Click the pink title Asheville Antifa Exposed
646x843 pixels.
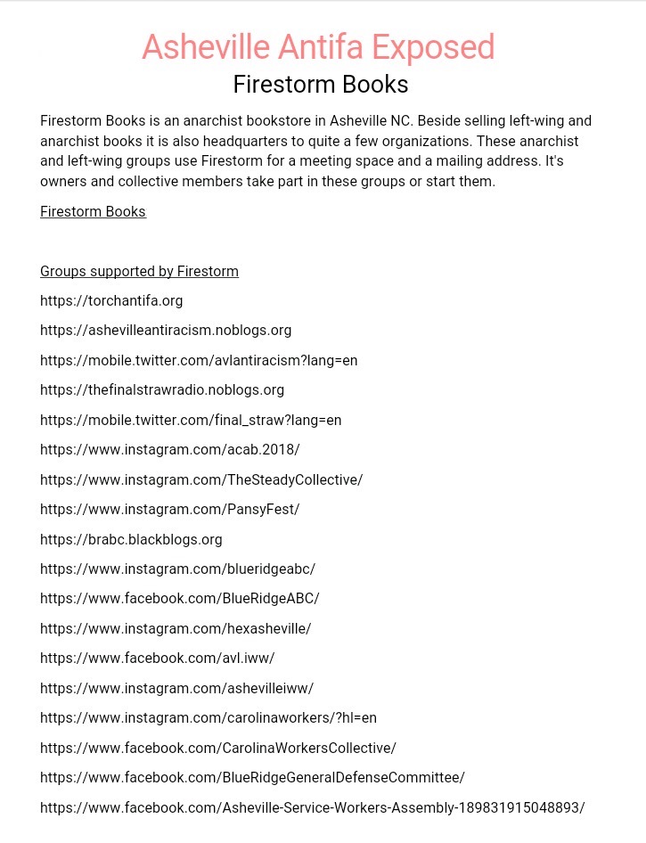(318, 47)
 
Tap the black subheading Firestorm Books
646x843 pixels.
(321, 85)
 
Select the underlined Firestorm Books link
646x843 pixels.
(93, 212)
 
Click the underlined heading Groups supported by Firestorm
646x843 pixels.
(139, 271)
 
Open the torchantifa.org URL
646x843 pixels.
(111, 301)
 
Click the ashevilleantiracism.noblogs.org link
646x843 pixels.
(166, 331)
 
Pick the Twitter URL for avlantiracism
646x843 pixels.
(199, 361)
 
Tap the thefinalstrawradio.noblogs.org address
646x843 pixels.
(162, 390)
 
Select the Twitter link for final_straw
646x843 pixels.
(191, 421)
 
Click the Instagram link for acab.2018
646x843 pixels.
(170, 450)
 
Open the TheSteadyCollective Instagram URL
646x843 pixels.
(201, 480)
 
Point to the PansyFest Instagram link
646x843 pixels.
(170, 510)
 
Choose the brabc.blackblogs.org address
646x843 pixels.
(131, 540)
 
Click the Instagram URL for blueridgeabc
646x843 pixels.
(177, 569)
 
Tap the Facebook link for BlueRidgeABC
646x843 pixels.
(180, 599)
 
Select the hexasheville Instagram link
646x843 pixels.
(176, 629)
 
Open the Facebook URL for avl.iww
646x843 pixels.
(158, 659)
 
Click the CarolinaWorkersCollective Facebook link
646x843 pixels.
(218, 749)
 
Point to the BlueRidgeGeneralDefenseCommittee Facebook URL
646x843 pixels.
(252, 778)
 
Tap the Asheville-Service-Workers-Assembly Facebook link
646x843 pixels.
(312, 808)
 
